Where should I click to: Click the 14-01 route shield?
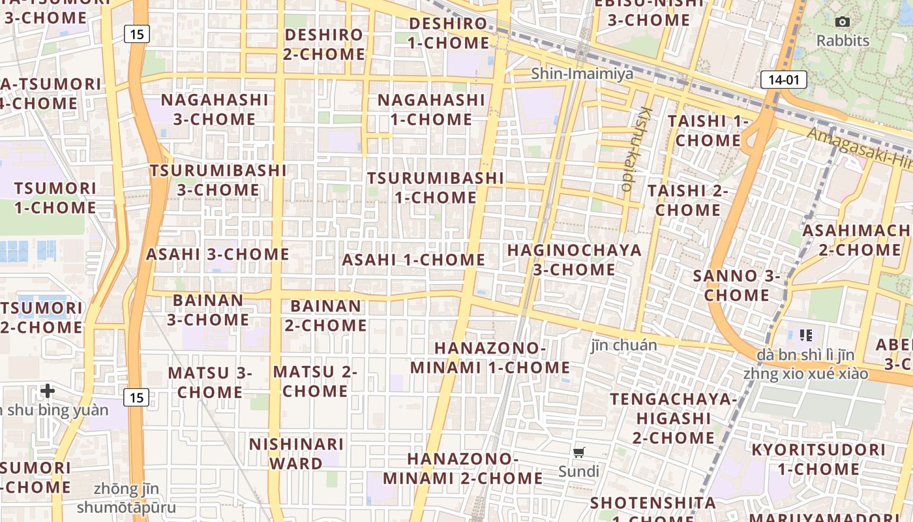pos(783,80)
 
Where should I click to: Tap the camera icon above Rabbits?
pos(843,22)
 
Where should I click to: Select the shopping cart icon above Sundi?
pos(578,452)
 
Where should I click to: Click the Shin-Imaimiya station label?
pos(582,74)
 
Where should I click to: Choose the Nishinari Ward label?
pos(296,453)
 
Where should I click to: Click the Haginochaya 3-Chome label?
pos(574,260)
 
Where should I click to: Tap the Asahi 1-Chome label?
pos(413,260)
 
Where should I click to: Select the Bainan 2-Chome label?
pos(325,315)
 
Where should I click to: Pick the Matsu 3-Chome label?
pos(210,382)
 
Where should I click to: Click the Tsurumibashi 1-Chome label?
pos(435,187)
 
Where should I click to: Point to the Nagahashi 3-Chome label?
pos(215,109)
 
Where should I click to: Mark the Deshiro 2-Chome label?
pos(324,44)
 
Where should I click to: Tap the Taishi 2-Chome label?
pos(688,200)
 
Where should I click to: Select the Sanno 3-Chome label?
pos(736,285)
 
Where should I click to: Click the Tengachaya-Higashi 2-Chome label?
pos(674,418)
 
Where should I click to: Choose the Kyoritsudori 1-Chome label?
pos(818,459)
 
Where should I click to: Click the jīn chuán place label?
pos(623,345)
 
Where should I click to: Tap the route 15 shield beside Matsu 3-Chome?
pos(136,397)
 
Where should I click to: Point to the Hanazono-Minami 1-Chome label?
pos(490,358)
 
